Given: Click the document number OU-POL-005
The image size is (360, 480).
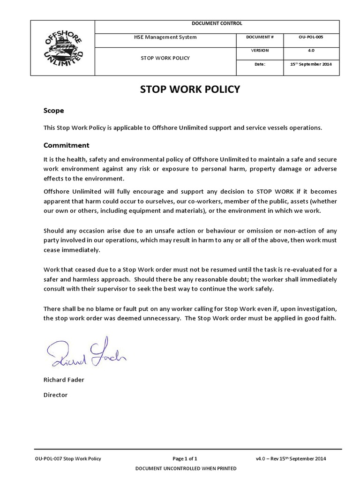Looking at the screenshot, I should (x=310, y=37).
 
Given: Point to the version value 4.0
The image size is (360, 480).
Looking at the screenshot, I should (x=310, y=51).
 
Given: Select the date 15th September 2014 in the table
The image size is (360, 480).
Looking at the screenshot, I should (x=311, y=65).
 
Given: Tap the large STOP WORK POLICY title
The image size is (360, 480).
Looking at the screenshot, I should (x=190, y=90).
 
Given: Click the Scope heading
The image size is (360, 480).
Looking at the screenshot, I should (x=53, y=111).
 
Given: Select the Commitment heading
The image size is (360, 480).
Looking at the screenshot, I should (x=66, y=145).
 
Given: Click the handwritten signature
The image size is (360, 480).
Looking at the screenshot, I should (x=87, y=353).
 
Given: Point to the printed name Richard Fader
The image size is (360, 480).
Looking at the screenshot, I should (x=64, y=380).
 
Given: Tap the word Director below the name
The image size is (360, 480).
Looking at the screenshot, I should (x=55, y=395).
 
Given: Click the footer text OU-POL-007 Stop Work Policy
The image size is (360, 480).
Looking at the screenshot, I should (x=68, y=458).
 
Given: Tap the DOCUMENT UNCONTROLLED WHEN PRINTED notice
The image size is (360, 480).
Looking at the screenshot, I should (x=186, y=468).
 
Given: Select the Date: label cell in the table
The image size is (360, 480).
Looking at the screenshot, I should (x=260, y=65).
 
